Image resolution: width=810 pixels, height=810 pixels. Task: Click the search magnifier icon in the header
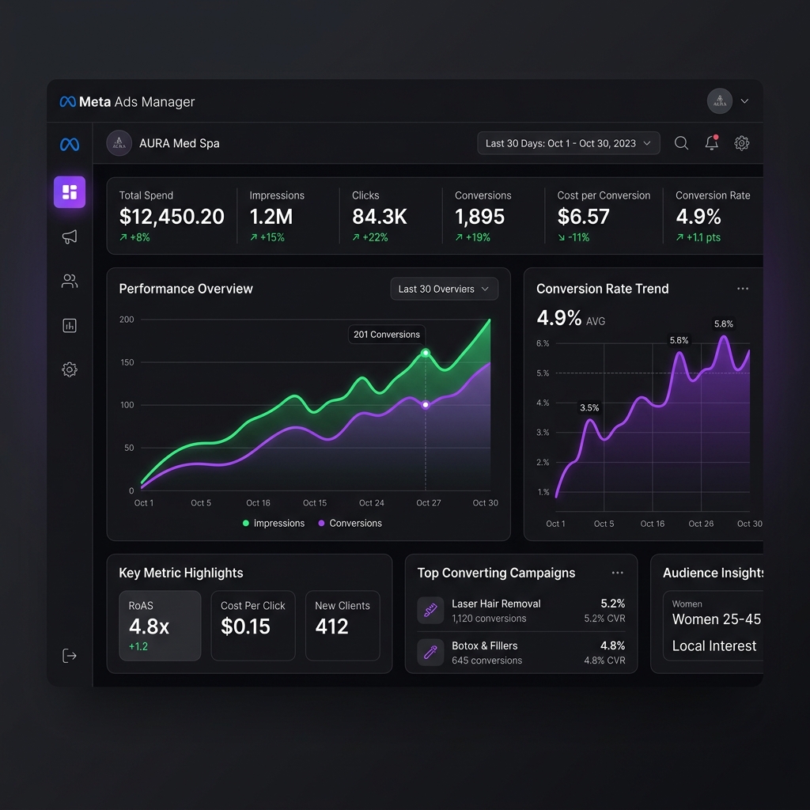(681, 143)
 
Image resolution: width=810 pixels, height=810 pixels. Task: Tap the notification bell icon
(712, 142)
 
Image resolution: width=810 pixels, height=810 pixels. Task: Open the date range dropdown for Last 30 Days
(568, 143)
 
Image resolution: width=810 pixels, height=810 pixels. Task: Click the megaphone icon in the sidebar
(70, 237)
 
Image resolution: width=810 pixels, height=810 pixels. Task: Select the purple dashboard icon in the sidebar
(70, 192)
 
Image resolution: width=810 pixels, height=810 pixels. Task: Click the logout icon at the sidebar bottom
(70, 656)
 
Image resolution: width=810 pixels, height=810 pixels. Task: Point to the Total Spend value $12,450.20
(172, 217)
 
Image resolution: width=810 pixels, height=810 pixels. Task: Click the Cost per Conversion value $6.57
(583, 217)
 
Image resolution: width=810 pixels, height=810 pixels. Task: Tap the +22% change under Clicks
(370, 237)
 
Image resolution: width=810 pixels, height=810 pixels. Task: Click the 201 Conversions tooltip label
(387, 335)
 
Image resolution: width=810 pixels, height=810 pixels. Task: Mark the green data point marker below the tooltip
(425, 353)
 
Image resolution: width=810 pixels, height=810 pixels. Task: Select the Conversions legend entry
(350, 524)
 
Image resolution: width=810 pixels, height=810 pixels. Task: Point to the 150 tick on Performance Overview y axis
(127, 362)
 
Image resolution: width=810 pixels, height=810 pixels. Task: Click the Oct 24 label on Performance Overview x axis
(372, 502)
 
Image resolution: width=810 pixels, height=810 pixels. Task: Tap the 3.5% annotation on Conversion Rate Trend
(589, 407)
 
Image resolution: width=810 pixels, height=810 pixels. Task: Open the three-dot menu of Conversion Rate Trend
(743, 288)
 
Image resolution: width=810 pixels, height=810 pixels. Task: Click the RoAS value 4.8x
(149, 626)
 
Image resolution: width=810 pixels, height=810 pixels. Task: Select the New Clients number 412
(331, 626)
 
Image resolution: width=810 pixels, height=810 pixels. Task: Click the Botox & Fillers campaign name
(485, 645)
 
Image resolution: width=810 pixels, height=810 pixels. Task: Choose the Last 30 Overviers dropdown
(445, 289)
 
